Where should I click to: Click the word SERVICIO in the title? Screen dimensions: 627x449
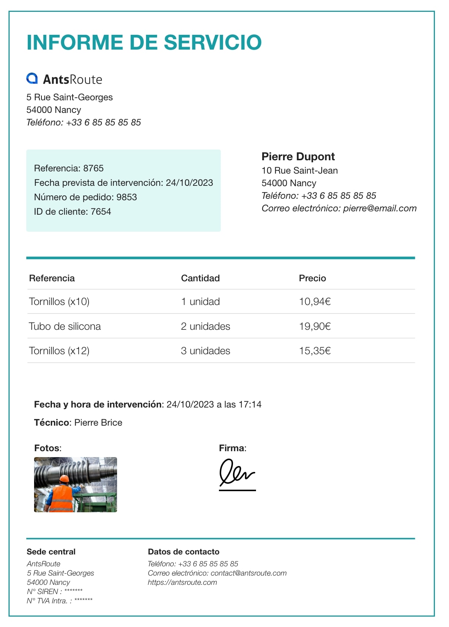coord(213,42)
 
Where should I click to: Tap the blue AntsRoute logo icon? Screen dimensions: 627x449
coord(32,78)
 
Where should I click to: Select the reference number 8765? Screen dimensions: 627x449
coord(93,168)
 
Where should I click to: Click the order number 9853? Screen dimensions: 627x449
coord(127,197)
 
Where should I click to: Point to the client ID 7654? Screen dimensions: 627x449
coord(101,212)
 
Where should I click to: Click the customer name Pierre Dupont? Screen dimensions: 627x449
coord(298,157)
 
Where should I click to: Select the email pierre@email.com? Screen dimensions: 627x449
coord(380,208)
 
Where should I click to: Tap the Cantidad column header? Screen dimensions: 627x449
coord(200,278)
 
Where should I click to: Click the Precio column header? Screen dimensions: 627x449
coord(312,278)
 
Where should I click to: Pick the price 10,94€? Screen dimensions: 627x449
coord(315,302)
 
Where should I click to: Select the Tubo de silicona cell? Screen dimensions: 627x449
coord(65,326)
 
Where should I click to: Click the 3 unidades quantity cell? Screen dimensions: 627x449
coord(205,351)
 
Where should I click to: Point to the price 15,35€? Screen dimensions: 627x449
coord(315,351)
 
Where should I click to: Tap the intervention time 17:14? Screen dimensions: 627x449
coord(250,405)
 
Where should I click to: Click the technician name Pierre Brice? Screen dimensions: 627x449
coord(98,423)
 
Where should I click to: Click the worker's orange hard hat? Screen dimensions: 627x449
coord(64,479)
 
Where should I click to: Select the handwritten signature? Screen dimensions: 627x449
coord(237,473)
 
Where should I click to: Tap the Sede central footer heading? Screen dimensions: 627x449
coord(51,552)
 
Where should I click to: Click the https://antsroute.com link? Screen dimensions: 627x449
coord(182,583)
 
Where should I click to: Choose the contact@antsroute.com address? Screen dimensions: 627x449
coord(249,573)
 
